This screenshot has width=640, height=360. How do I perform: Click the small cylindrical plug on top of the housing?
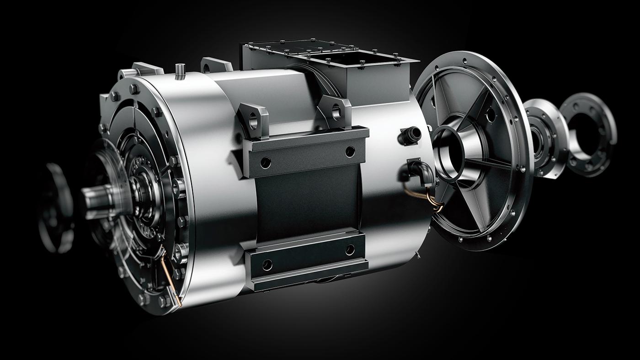click(180, 71)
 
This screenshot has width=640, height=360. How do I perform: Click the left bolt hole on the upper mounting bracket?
click(266, 162)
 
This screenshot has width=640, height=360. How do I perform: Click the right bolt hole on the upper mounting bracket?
click(350, 151)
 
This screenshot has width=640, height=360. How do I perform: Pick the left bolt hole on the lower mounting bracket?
click(267, 265)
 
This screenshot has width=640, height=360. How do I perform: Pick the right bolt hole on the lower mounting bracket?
click(350, 249)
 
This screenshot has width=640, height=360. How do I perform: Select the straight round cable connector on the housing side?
click(411, 135)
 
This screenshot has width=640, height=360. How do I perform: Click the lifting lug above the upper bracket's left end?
click(253, 119)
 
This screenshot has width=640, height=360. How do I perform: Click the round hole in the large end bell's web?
click(491, 114)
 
